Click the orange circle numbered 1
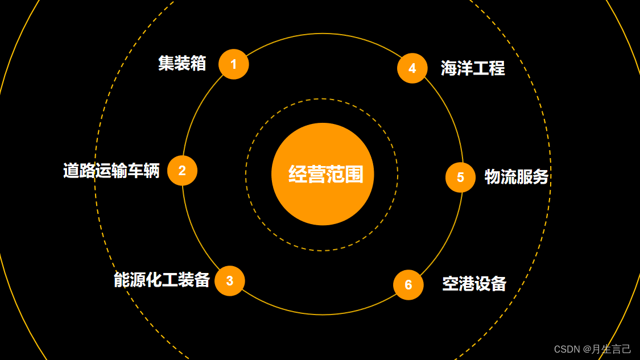(x=233, y=64)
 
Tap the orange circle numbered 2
(x=182, y=171)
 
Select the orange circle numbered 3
(x=229, y=281)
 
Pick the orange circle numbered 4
(x=412, y=68)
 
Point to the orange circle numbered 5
(x=460, y=177)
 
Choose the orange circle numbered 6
(x=408, y=284)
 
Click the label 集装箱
(x=182, y=63)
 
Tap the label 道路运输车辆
(x=112, y=171)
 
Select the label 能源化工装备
(x=162, y=280)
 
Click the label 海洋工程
(x=473, y=68)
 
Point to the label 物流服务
(x=516, y=177)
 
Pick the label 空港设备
(x=474, y=283)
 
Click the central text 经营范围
(x=325, y=175)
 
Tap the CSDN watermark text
(x=592, y=349)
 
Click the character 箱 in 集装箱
(x=199, y=63)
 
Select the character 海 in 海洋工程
(x=449, y=68)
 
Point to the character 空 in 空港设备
(x=450, y=283)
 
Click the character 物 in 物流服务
(x=492, y=177)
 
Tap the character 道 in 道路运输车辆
(x=71, y=171)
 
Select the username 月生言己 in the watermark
(x=612, y=349)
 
